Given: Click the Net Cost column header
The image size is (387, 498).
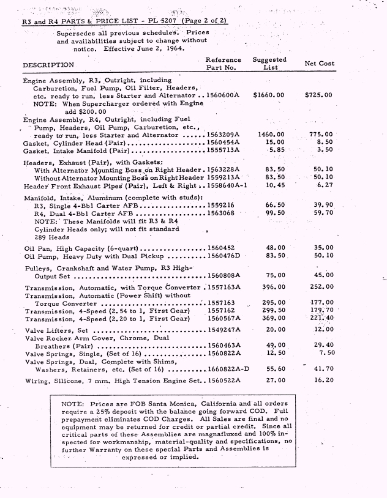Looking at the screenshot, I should [x=319, y=64].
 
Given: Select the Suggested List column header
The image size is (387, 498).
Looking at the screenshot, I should [x=269, y=63].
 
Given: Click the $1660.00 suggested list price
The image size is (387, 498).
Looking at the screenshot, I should [x=268, y=95].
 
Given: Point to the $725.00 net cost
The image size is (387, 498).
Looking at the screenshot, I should [x=318, y=95].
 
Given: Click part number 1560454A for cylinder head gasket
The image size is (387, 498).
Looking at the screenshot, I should [x=223, y=142].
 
